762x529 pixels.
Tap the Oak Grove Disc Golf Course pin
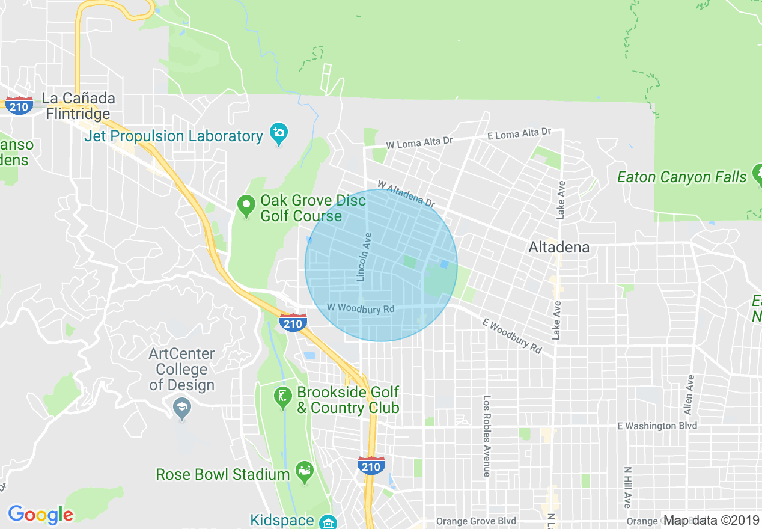pyautogui.click(x=245, y=206)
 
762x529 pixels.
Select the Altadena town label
pyautogui.click(x=558, y=247)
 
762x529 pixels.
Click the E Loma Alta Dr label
pyautogui.click(x=519, y=133)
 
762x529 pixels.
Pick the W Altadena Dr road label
pyautogui.click(x=406, y=194)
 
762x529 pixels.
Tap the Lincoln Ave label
pyautogui.click(x=364, y=257)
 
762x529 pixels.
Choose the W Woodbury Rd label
pyautogui.click(x=361, y=308)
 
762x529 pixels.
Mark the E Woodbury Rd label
pyautogui.click(x=511, y=335)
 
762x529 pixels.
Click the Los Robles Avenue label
pyautogui.click(x=487, y=436)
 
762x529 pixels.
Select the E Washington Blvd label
pyautogui.click(x=657, y=426)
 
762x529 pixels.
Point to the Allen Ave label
pyautogui.click(x=689, y=395)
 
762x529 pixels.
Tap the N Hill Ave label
pyautogui.click(x=627, y=487)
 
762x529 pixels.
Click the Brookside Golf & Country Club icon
pyautogui.click(x=283, y=397)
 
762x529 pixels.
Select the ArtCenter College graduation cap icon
pyautogui.click(x=181, y=409)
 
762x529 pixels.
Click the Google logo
pyautogui.click(x=40, y=515)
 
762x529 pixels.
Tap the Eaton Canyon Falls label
pyautogui.click(x=682, y=177)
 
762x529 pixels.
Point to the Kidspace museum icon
pyautogui.click(x=328, y=521)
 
